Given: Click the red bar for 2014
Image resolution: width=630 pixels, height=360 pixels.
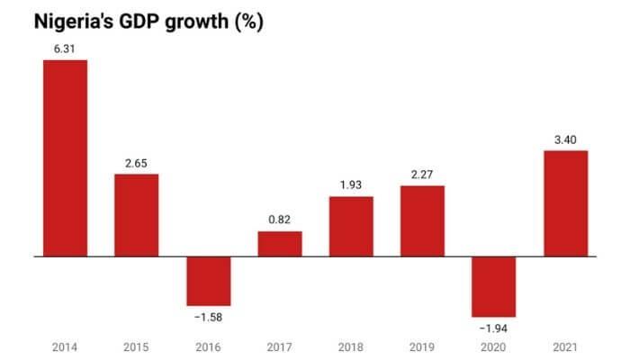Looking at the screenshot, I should click(x=65, y=157).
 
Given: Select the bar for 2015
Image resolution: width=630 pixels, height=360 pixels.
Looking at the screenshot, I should click(x=136, y=215).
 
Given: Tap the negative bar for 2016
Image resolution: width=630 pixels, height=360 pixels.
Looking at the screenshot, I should click(x=208, y=281).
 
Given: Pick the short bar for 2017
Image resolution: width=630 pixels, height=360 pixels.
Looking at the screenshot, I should click(x=280, y=244).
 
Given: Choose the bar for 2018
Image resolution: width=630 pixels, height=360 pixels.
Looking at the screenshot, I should click(x=351, y=226).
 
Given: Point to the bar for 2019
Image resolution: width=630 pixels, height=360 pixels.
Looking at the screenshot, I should click(x=422, y=220).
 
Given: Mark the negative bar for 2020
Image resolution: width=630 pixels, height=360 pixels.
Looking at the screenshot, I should click(x=494, y=286).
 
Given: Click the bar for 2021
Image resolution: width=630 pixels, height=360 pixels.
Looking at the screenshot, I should click(x=565, y=203).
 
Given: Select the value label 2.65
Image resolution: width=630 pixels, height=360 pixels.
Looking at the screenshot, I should click(x=136, y=163).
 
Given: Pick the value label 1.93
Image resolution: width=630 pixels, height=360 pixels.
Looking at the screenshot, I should click(x=351, y=185).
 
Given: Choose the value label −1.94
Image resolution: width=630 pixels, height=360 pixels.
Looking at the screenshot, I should click(x=494, y=328).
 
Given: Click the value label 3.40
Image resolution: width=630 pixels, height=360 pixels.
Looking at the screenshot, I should click(x=565, y=139).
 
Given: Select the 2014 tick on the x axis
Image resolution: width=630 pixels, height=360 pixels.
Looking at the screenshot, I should click(x=65, y=346).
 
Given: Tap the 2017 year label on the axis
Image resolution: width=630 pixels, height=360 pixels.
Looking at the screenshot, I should click(x=280, y=346).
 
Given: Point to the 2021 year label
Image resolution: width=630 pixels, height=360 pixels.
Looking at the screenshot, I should click(x=565, y=346).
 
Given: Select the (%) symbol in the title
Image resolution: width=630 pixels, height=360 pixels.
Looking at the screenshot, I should click(x=246, y=21).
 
